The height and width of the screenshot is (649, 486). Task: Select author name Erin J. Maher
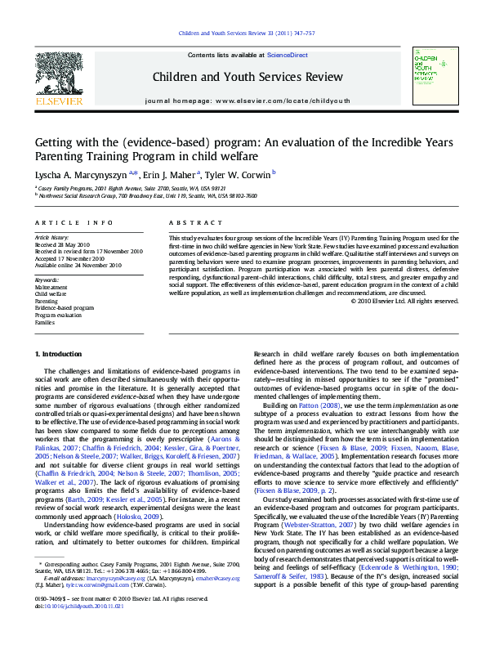(174, 173)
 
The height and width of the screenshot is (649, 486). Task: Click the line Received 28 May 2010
(63, 244)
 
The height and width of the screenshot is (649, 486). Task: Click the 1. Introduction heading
(59, 353)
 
